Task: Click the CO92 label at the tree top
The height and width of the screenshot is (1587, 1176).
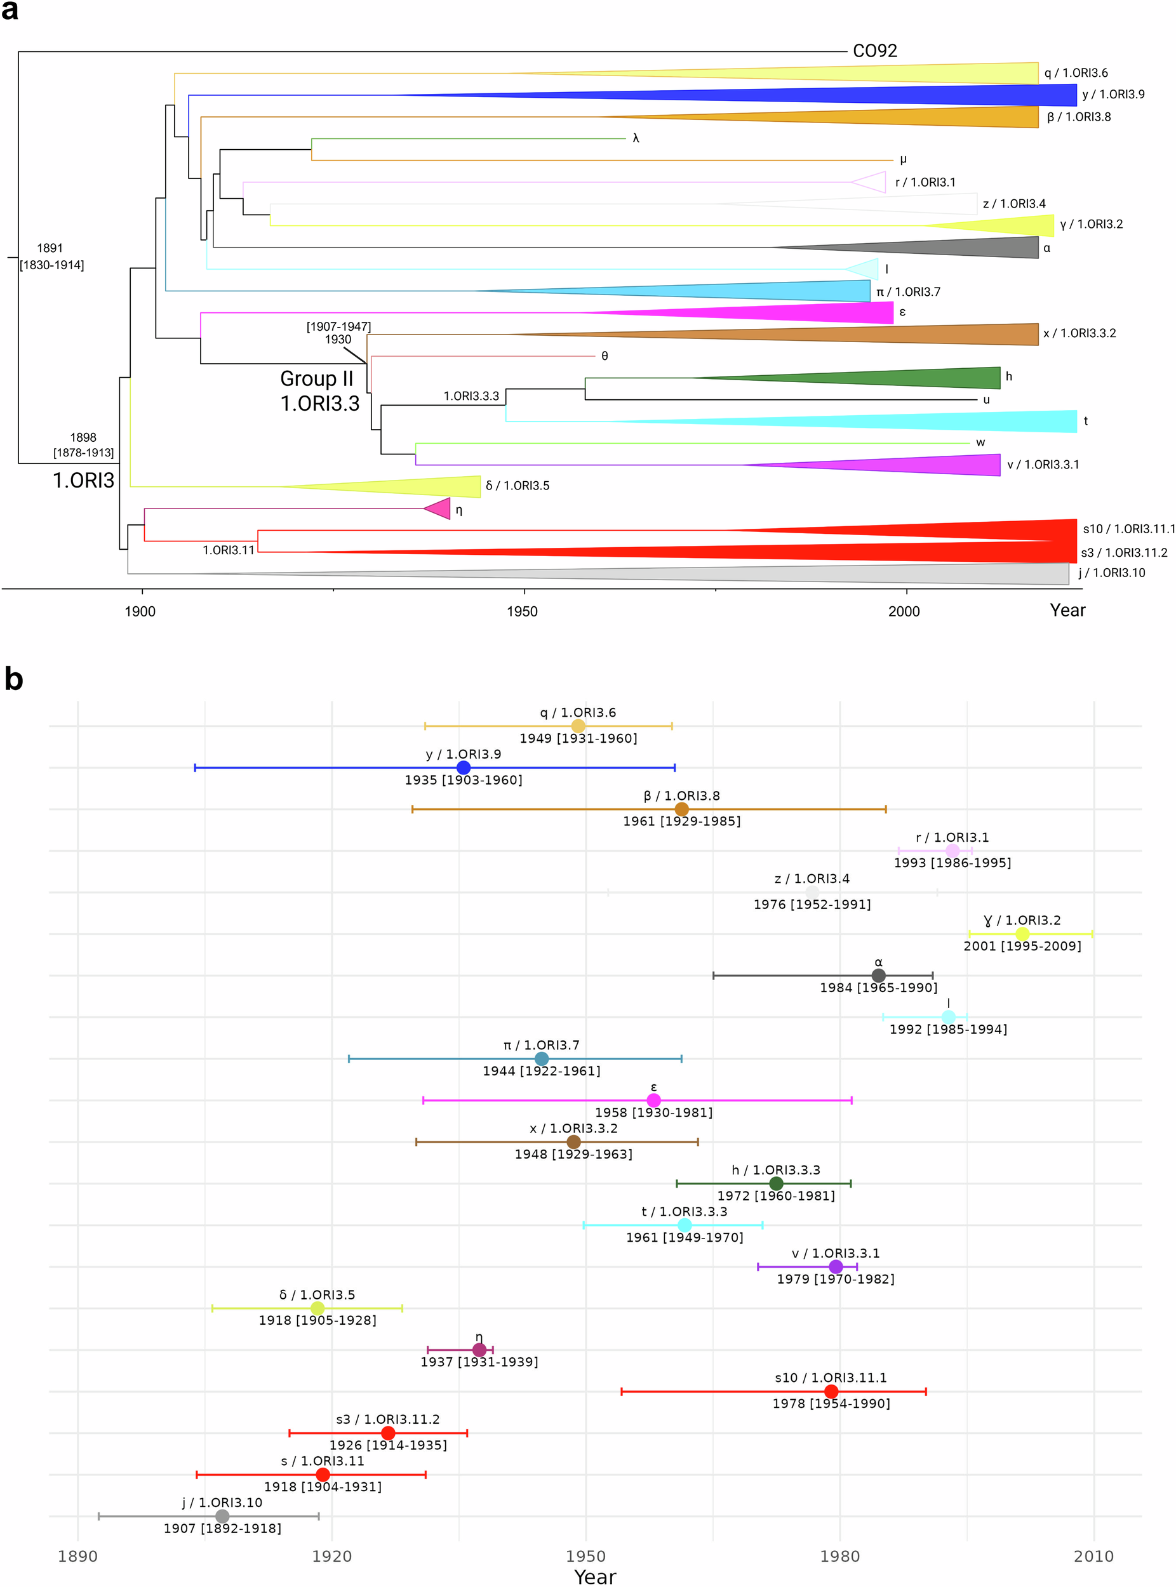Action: pos(874,51)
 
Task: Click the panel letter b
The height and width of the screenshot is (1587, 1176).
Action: pos(13,679)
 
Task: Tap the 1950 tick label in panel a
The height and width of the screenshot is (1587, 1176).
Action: pos(522,611)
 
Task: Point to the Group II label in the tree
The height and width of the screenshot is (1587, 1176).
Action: pos(316,378)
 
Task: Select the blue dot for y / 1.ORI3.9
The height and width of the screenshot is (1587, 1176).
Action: pos(464,767)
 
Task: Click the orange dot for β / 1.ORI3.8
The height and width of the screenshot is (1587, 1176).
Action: pos(681,809)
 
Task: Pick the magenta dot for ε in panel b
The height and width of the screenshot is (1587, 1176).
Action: pos(653,1100)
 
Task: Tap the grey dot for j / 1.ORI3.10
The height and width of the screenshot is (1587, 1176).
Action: pos(222,1517)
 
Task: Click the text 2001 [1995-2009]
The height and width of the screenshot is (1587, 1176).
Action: pos(1022,946)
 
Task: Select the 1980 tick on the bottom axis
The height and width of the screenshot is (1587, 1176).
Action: pos(839,1557)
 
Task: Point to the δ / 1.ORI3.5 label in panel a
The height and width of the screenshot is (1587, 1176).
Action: pos(518,486)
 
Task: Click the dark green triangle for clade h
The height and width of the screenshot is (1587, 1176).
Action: pos(925,378)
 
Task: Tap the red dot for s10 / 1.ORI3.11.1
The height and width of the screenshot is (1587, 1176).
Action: pos(831,1391)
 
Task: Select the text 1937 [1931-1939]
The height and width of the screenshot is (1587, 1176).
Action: pos(479,1362)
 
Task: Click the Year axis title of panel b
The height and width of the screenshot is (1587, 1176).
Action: pos(594,1577)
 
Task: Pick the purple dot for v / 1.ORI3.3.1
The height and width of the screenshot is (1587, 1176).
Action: pos(836,1267)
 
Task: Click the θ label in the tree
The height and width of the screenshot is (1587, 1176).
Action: pos(605,356)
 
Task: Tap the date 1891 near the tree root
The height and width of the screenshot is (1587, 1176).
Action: pos(50,248)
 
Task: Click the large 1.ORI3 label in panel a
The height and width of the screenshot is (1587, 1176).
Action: pos(83,481)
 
